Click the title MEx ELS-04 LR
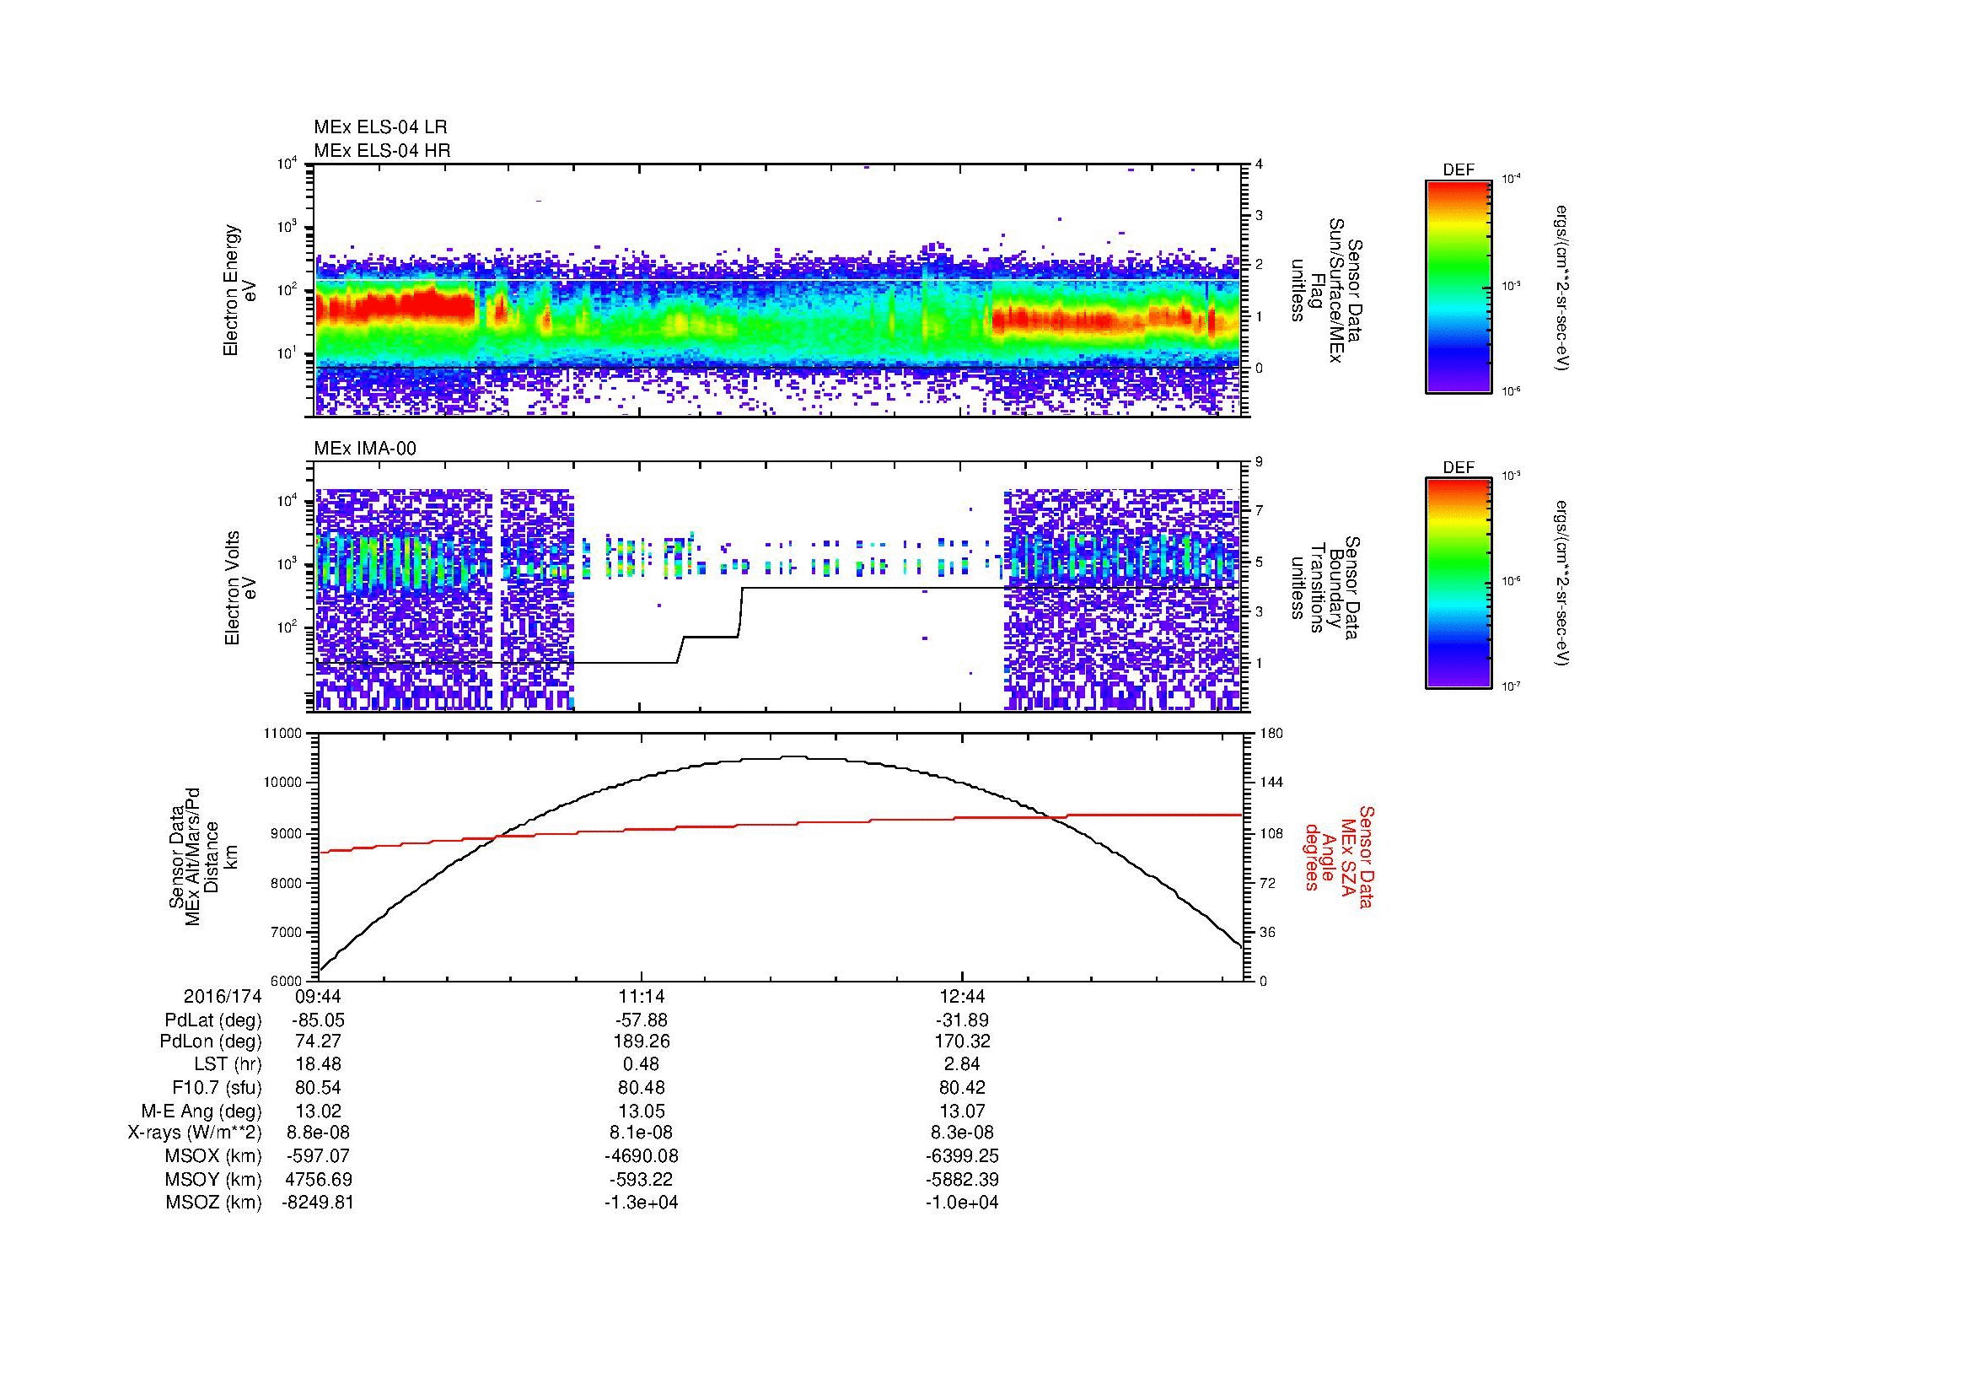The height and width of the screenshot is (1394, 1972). pyautogui.click(x=379, y=127)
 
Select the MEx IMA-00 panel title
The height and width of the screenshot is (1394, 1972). pyautogui.click(x=365, y=449)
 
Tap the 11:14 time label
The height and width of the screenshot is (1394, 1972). pyautogui.click(x=641, y=997)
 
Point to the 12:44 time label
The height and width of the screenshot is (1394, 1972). pyautogui.click(x=962, y=997)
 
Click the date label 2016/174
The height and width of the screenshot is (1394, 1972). pyautogui.click(x=223, y=997)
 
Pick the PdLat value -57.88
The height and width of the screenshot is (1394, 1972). pyautogui.click(x=641, y=1020)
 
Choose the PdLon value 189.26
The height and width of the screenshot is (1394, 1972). pyautogui.click(x=641, y=1041)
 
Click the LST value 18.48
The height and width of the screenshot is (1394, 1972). pyautogui.click(x=318, y=1064)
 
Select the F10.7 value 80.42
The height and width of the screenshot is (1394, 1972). pyautogui.click(x=962, y=1087)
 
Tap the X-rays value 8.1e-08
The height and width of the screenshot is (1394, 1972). pyautogui.click(x=641, y=1133)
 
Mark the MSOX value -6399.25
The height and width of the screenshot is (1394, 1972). pyautogui.click(x=962, y=1156)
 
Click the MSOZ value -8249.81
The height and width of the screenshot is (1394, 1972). pyautogui.click(x=318, y=1203)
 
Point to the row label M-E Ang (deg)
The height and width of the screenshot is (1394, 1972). pyautogui.click(x=201, y=1111)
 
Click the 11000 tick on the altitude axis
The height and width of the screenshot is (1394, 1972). pyautogui.click(x=283, y=734)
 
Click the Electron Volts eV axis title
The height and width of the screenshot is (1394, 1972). pyautogui.click(x=240, y=588)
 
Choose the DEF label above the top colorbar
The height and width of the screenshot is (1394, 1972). pyautogui.click(x=1458, y=171)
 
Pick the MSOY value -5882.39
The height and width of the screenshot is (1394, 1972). pyautogui.click(x=962, y=1179)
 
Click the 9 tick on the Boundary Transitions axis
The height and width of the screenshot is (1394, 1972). pyautogui.click(x=1259, y=462)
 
